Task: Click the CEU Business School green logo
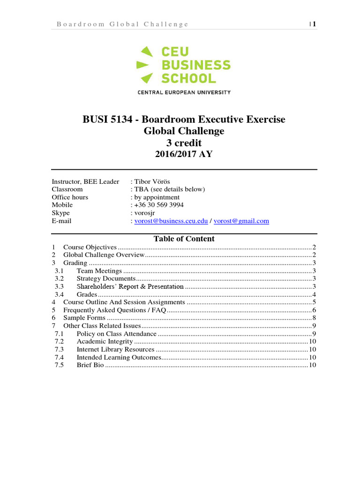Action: [x=183, y=65]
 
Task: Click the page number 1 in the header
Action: [x=315, y=24]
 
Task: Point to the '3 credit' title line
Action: [x=184, y=143]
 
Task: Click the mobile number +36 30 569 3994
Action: [x=159, y=205]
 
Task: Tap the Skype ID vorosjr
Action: [x=145, y=213]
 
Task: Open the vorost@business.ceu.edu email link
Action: [x=171, y=221]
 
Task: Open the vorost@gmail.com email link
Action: [x=241, y=221]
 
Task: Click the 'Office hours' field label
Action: [x=70, y=197]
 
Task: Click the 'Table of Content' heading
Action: [x=184, y=239]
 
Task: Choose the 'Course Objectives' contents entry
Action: [x=90, y=247]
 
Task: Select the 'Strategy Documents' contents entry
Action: [x=106, y=278]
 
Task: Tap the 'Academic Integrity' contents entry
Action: [x=105, y=341]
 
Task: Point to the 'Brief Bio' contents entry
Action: [x=90, y=365]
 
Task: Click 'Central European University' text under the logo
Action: [x=184, y=92]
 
